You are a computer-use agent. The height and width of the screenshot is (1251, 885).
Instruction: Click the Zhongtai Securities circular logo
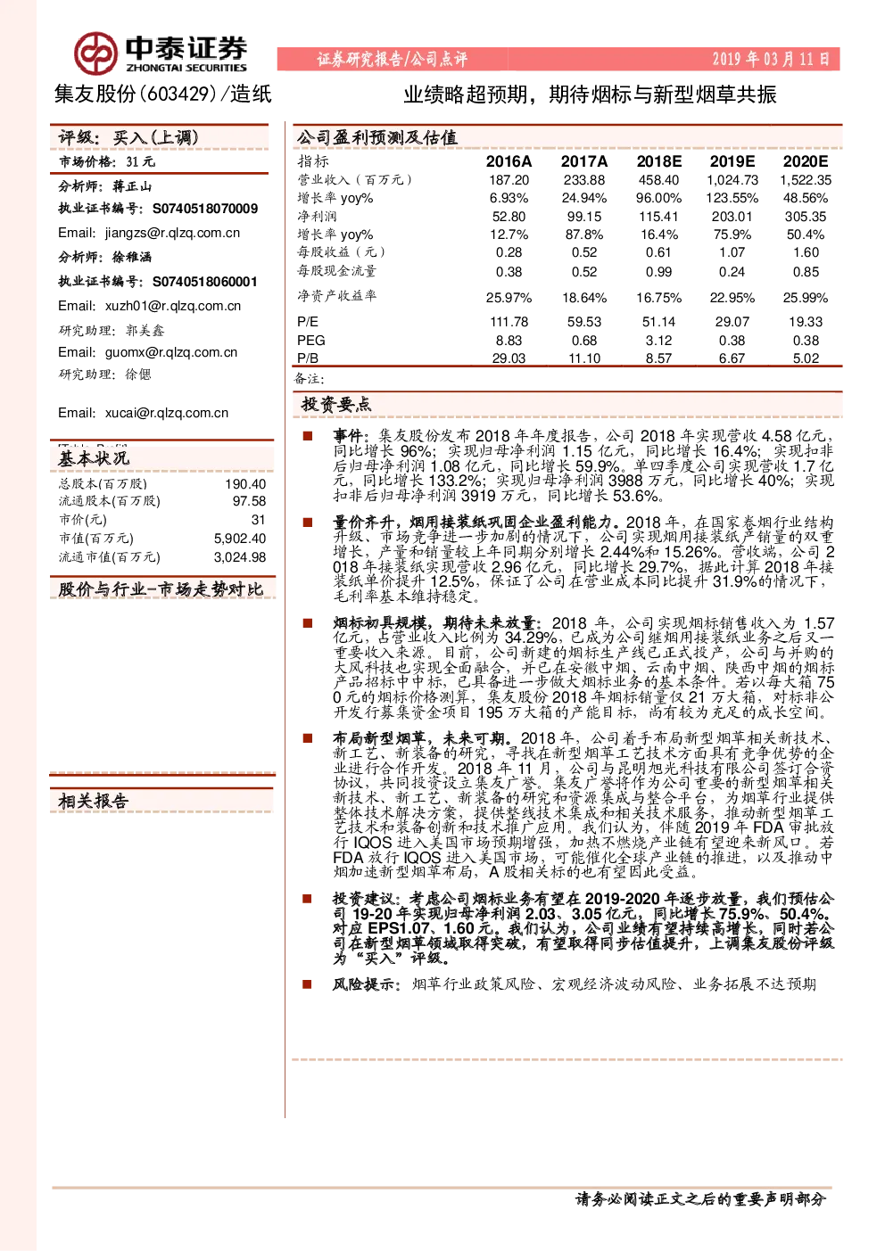click(96, 53)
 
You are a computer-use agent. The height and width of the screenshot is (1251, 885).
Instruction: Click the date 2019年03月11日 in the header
click(771, 59)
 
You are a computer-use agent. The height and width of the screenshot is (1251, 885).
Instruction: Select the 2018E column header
click(658, 161)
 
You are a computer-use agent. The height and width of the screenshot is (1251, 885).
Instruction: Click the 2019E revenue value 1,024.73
click(732, 180)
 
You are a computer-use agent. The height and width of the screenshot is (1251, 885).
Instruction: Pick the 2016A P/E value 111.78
click(509, 322)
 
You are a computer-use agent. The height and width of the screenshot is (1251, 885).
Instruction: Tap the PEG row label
click(310, 340)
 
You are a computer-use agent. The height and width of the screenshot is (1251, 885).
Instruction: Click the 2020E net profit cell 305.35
click(805, 217)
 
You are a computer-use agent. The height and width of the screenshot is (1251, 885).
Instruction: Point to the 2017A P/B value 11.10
click(584, 358)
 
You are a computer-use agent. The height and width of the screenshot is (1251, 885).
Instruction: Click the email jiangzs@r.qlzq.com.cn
click(173, 233)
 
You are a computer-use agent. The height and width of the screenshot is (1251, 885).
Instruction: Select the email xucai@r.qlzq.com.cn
click(167, 413)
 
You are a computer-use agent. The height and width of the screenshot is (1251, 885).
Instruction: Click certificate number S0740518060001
click(205, 282)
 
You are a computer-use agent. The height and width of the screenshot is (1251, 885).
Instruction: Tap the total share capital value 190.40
click(245, 484)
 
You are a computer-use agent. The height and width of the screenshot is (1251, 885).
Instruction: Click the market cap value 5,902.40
click(240, 539)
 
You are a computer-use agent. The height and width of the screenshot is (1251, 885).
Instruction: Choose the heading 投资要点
click(335, 404)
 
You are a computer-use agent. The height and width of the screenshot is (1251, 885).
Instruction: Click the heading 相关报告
click(94, 801)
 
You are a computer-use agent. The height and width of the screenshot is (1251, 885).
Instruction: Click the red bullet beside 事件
click(307, 436)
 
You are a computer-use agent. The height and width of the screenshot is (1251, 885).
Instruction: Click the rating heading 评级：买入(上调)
click(128, 137)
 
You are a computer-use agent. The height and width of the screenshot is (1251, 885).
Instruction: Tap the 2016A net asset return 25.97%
click(509, 298)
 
